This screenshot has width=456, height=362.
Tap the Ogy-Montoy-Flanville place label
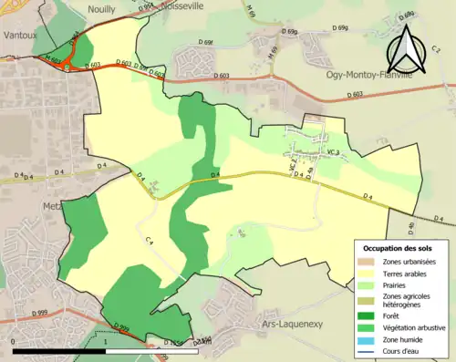pyautogui.click(x=368, y=77)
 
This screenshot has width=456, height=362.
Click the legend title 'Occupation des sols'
pyautogui.click(x=400, y=248)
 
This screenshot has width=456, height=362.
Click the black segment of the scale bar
pyautogui.click(x=59, y=349)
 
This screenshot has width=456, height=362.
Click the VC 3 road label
pyautogui.click(x=333, y=152)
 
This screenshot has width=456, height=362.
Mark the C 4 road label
pyautogui.click(x=149, y=241)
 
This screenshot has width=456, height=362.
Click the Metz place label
pyautogui.click(x=50, y=207)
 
